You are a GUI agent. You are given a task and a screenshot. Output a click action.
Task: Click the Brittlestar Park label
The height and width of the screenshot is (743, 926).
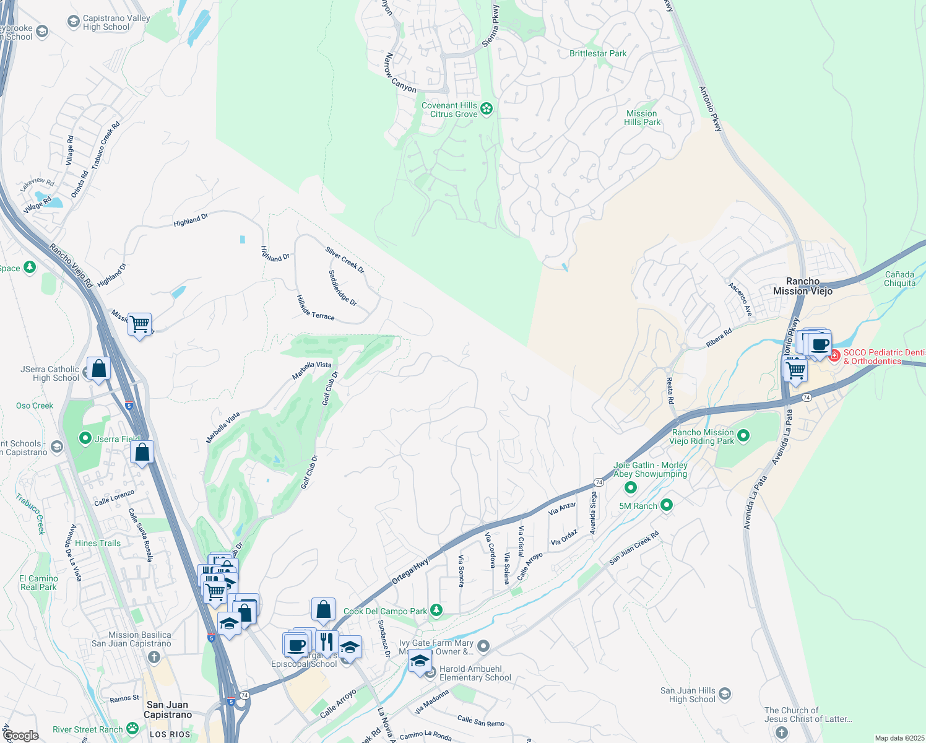point(598,54)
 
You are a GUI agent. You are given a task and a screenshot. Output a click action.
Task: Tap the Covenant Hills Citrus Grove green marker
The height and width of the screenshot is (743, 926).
point(487,110)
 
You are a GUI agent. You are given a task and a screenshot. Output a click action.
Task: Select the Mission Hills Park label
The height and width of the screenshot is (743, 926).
point(642,118)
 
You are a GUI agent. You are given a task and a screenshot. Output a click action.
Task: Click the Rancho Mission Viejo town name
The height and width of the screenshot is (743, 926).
point(803,286)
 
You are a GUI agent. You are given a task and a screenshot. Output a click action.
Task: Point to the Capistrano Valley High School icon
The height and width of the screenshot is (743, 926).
point(74,22)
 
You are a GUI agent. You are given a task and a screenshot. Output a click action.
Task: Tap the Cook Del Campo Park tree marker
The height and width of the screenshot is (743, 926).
point(436,611)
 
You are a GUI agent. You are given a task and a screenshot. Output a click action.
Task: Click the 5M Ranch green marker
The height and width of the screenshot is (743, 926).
point(667,505)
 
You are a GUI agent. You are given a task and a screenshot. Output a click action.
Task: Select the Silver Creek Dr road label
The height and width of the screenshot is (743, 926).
point(345,260)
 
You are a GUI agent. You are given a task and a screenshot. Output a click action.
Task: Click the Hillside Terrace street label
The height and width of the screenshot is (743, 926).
point(316,307)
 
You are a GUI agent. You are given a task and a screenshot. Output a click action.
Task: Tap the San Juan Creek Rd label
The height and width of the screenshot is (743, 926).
point(634,548)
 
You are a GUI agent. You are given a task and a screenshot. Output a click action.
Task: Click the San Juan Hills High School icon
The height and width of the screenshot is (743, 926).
point(725,694)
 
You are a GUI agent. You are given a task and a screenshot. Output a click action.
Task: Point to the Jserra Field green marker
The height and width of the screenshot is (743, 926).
point(85,438)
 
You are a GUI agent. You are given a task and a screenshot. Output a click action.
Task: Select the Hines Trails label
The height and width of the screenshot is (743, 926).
point(98,543)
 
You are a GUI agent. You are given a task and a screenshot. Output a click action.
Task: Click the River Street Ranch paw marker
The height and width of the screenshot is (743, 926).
point(132,729)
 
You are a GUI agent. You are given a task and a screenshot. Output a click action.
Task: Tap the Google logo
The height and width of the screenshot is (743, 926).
point(20,736)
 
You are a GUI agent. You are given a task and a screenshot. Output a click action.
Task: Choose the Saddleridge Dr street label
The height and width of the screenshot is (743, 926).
point(342,288)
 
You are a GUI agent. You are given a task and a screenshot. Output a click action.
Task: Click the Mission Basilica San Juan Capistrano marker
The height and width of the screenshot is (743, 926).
point(154,658)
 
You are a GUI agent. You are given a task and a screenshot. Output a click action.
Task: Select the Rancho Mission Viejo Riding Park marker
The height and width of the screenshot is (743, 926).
point(743,437)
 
